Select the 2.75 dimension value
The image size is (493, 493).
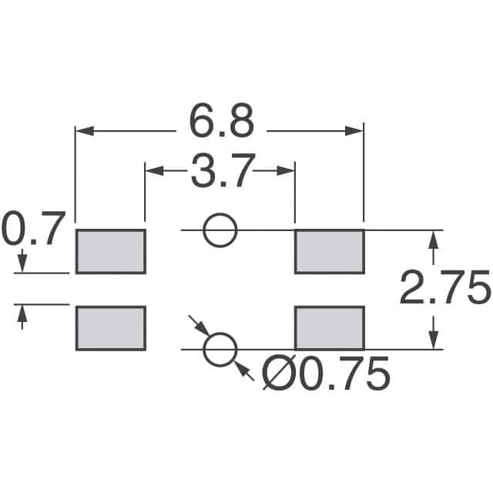pos(445,290)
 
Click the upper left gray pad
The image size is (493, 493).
pos(110,251)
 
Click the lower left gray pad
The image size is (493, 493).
pos(110,327)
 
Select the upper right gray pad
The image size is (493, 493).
pos(329,251)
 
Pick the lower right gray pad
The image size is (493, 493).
pos(329,327)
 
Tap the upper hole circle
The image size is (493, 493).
pos(220,230)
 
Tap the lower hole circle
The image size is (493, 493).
pos(220,350)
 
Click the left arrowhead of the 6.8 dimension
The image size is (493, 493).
pos(83,132)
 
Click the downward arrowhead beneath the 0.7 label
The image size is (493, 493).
pos(22,264)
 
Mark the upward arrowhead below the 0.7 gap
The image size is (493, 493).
pos(22,313)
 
